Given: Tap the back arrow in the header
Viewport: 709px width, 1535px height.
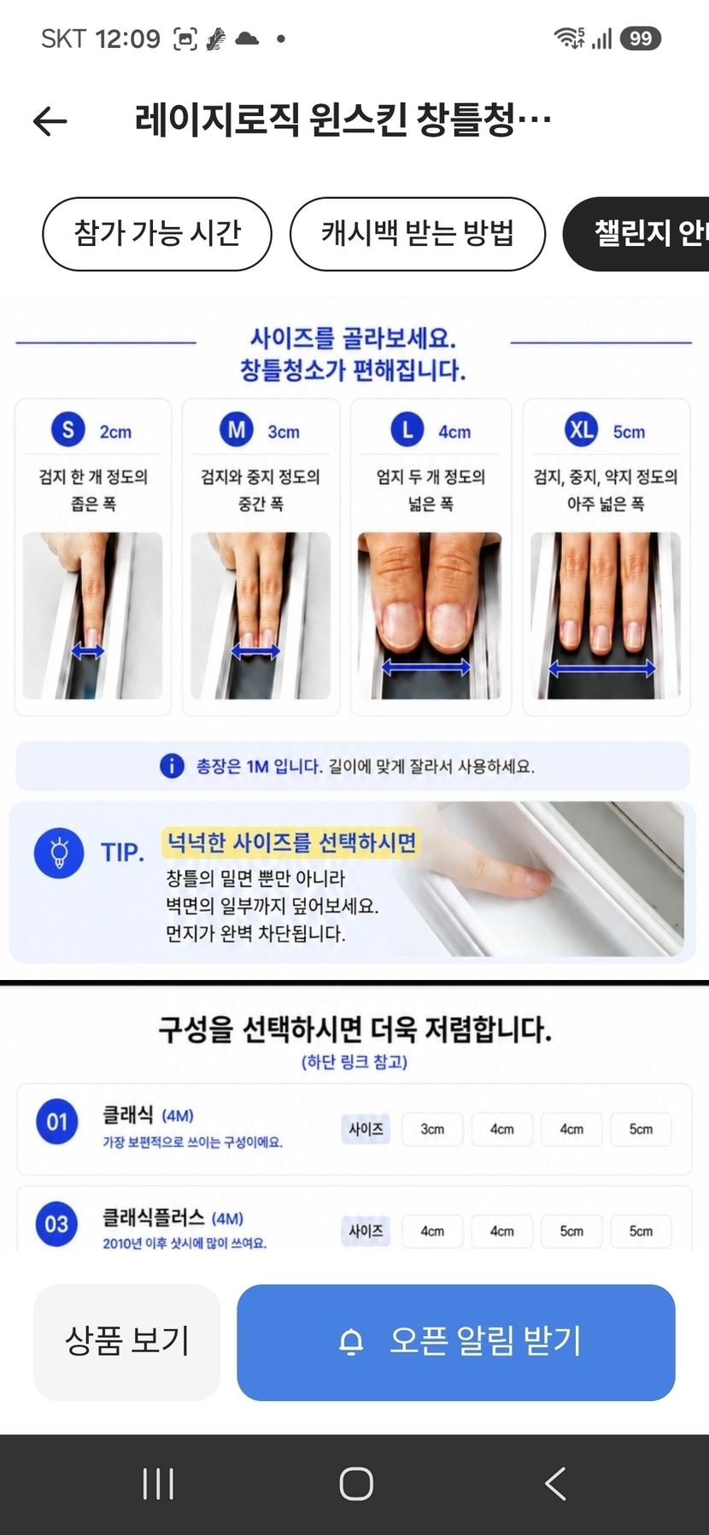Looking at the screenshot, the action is pos(50,121).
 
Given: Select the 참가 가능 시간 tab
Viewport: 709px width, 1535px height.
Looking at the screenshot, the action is pos(157,233).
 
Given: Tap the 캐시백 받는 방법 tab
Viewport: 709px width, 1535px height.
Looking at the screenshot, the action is pos(418,233).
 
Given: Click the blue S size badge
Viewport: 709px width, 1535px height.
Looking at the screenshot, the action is pos(68,429).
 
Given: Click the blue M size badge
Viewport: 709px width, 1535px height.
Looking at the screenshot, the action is pos(237,429).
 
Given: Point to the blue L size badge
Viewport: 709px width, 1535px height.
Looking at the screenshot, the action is pos(407,429).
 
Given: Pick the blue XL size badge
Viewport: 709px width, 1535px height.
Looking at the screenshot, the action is pos(582,429).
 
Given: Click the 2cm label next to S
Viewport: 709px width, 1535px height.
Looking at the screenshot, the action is pos(115,432).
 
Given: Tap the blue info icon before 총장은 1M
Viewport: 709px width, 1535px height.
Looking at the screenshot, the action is pos(172,766).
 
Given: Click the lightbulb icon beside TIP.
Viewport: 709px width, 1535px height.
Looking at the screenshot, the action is pos(59,852).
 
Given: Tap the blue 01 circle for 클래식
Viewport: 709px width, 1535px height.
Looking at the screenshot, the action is pos(57,1121).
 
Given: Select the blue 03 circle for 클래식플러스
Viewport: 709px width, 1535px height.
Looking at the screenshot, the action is pos(57,1223).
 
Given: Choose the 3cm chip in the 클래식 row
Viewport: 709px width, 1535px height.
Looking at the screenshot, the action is pos(432,1129).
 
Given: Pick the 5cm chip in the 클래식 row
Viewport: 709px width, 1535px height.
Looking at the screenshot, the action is pos(641,1129).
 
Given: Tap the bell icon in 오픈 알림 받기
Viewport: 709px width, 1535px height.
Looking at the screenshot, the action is pos(351,1342).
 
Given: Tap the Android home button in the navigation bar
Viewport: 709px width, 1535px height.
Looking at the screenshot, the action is pos(356,1484).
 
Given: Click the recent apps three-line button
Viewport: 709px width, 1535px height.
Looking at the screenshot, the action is pos(158,1484).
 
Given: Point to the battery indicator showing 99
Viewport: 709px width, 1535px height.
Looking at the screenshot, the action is pos(641,38).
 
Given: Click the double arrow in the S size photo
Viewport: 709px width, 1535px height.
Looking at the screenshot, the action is pos(87,652).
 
